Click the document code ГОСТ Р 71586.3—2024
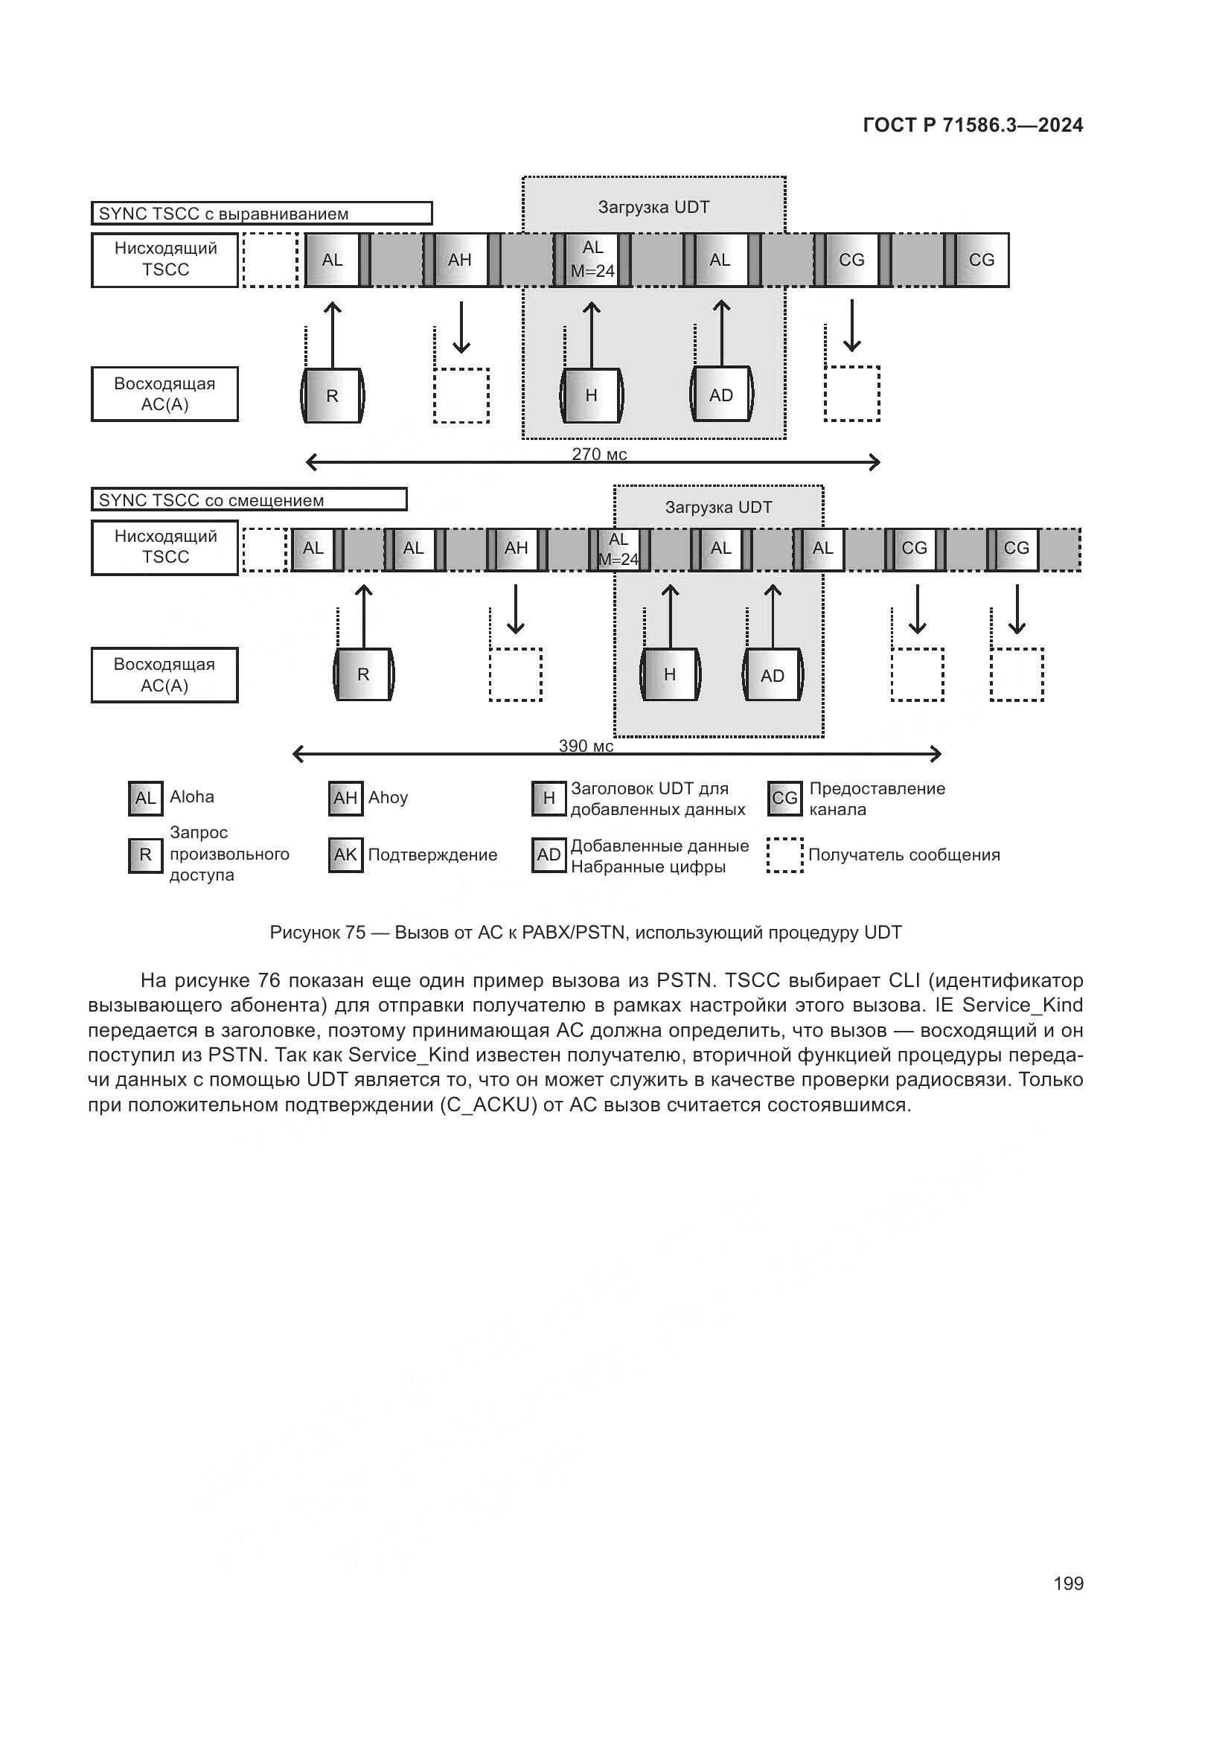pyautogui.click(x=973, y=126)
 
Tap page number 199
pyautogui.click(x=1068, y=1583)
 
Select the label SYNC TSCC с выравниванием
pyautogui.click(x=223, y=214)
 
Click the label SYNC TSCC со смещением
pyautogui.click(x=211, y=500)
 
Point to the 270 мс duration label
pyautogui.click(x=599, y=454)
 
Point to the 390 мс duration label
pyautogui.click(x=586, y=746)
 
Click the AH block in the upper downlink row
pyautogui.click(x=460, y=260)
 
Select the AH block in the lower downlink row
pyautogui.click(x=517, y=549)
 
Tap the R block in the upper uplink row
pyautogui.click(x=332, y=396)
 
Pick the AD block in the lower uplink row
pyautogui.click(x=773, y=676)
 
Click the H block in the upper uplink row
pyautogui.click(x=591, y=396)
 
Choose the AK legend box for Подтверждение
pyautogui.click(x=345, y=855)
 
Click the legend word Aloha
pyautogui.click(x=192, y=797)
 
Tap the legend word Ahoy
pyautogui.click(x=388, y=798)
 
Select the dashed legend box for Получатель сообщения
pyautogui.click(x=784, y=855)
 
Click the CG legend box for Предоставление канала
pyautogui.click(x=784, y=799)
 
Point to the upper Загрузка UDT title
pyautogui.click(x=653, y=207)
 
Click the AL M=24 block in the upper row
pyautogui.click(x=592, y=260)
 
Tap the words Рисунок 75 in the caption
pyautogui.click(x=318, y=933)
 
